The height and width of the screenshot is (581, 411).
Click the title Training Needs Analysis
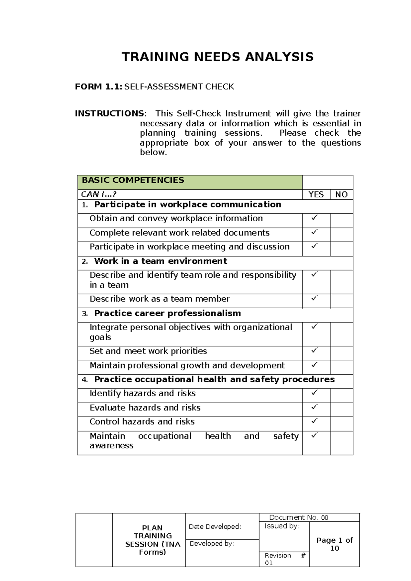coord(217,57)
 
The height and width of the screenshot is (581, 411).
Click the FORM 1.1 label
coord(98,87)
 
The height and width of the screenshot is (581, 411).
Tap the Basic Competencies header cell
coord(133,180)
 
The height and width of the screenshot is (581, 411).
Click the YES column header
coord(316,195)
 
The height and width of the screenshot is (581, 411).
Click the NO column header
coord(341,195)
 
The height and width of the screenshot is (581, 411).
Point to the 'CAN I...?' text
coord(99,194)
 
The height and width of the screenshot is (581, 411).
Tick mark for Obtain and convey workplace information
coord(314,218)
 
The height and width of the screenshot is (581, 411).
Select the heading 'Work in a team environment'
coord(160,261)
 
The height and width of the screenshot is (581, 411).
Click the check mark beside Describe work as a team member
coord(314,298)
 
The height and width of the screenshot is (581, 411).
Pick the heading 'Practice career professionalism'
coord(167,313)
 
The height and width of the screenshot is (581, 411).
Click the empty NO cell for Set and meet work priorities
coord(341,353)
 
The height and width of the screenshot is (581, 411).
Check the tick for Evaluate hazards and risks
coord(314,407)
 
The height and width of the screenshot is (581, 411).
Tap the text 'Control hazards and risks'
coord(142,422)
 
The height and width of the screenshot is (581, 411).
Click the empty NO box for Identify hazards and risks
coord(341,395)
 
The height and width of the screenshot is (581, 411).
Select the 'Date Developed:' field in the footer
coord(215,527)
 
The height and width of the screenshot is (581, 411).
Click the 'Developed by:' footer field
coord(212,544)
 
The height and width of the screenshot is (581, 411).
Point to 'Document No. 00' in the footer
coord(299,517)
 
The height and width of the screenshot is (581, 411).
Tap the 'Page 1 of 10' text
coord(334,544)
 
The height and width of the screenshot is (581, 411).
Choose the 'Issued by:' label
coord(282,526)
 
